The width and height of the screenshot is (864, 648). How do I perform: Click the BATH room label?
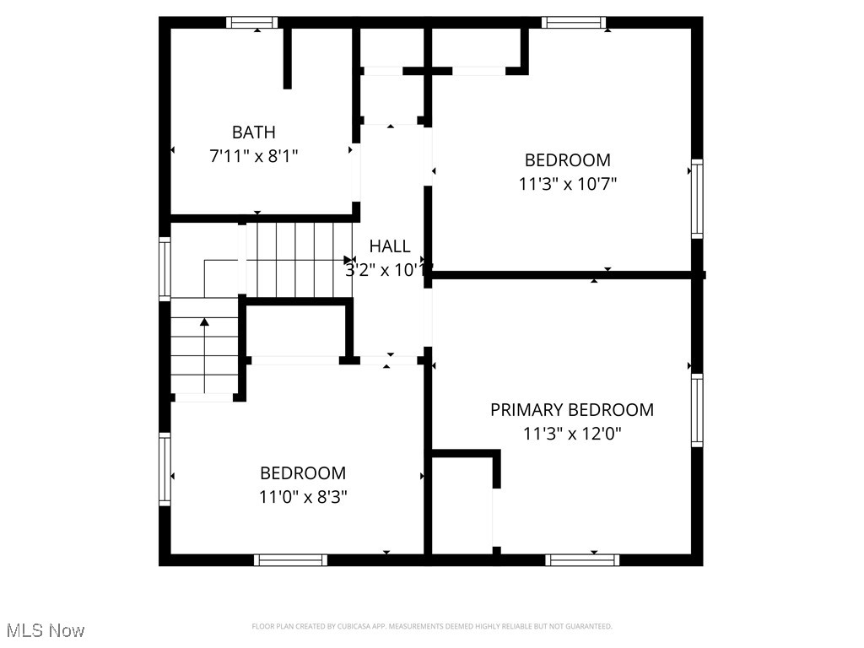click(253, 132)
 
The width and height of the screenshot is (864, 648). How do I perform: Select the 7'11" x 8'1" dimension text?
click(253, 156)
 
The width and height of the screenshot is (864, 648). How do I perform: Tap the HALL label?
click(390, 246)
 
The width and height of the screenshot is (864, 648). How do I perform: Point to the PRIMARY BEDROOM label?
click(571, 410)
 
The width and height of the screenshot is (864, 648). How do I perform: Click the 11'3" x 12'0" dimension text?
click(571, 434)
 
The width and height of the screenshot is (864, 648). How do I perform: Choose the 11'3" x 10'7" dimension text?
click(567, 184)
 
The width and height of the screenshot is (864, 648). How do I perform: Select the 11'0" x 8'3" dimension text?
click(303, 497)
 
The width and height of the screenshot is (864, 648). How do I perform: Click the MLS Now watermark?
click(46, 630)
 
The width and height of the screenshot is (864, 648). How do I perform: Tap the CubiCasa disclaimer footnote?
click(431, 626)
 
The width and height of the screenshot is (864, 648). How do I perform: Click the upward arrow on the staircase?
click(204, 323)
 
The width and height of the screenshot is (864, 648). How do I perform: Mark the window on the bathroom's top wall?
click(252, 23)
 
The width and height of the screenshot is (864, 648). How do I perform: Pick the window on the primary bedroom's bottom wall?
click(582, 559)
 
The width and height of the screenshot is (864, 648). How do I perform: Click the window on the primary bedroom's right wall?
click(697, 410)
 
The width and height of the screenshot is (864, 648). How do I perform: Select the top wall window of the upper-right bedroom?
click(574, 23)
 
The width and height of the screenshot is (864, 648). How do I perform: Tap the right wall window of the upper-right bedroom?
click(697, 198)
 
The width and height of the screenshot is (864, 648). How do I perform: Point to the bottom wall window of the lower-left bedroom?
click(290, 559)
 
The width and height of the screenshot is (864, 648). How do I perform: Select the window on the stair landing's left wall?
click(165, 269)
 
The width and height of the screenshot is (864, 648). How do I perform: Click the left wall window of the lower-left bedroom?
click(165, 469)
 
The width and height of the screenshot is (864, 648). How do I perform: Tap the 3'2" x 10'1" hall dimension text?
click(390, 270)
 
